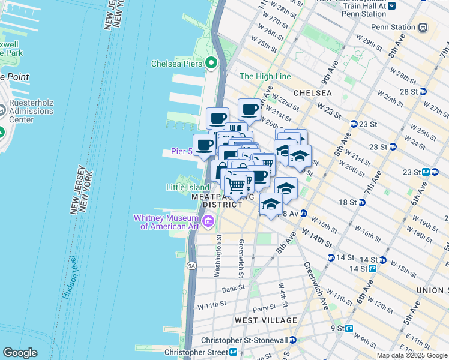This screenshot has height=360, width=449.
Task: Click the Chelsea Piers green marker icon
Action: [211, 63]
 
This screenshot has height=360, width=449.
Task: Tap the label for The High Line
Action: [265, 76]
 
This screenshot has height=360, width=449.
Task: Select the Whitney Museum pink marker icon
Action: [208, 222]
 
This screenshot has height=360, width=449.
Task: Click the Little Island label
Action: [188, 187]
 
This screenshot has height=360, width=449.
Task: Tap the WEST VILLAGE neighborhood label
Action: [265, 320]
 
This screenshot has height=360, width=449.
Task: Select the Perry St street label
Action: [264, 308]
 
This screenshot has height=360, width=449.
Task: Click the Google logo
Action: [20, 353]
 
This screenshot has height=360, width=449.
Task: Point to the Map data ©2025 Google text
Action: [411, 355]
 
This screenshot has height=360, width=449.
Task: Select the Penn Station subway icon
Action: [423, 27]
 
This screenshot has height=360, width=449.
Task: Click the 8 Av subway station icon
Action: [304, 213]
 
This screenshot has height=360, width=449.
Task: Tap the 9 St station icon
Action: [349, 328]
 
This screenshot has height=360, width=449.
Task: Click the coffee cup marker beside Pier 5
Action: [204, 145]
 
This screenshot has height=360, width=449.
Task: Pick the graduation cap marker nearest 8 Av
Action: [271, 204]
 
